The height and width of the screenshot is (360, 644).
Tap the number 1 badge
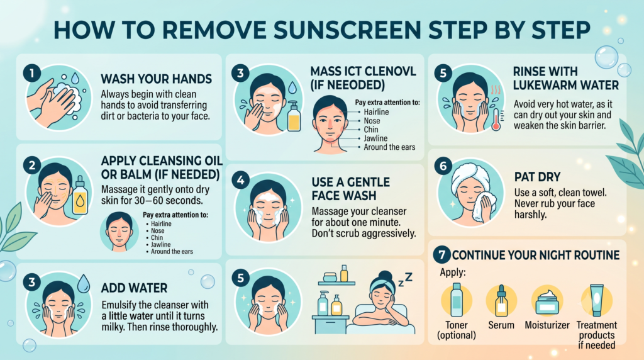point(31,73)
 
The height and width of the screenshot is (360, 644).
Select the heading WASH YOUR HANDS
point(157,79)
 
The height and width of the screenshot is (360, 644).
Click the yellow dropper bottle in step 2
point(80,195)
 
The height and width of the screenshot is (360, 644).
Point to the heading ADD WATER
point(135,288)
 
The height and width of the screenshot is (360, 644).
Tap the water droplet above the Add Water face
point(84,283)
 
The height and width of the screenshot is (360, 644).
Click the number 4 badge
point(240,181)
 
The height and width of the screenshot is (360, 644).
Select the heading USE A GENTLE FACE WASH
point(351,189)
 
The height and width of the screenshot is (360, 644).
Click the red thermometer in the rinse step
point(496,120)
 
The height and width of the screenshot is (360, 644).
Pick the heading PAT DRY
point(538,177)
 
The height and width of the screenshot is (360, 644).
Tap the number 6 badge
point(443,166)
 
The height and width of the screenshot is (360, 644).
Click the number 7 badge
point(441,255)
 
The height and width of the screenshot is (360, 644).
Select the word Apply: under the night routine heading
point(453,272)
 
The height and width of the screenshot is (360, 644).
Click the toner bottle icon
point(457,300)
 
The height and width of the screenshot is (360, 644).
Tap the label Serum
point(501,325)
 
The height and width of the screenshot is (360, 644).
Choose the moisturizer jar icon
point(547,302)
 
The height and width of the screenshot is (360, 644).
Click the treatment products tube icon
point(596,300)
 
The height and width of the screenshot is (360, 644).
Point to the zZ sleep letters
point(405,279)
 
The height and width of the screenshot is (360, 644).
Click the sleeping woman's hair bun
point(385,275)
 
